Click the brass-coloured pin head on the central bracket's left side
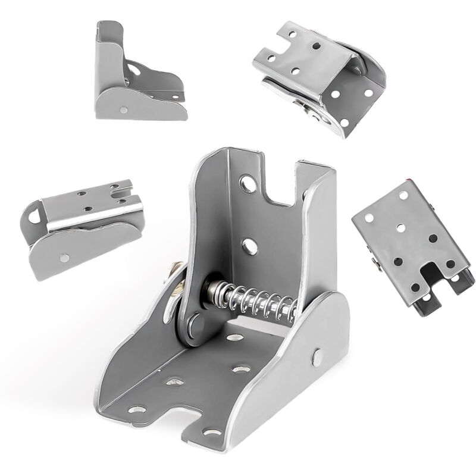177,286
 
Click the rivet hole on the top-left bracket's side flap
124,108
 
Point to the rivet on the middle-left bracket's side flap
64,258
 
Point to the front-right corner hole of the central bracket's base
209,433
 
